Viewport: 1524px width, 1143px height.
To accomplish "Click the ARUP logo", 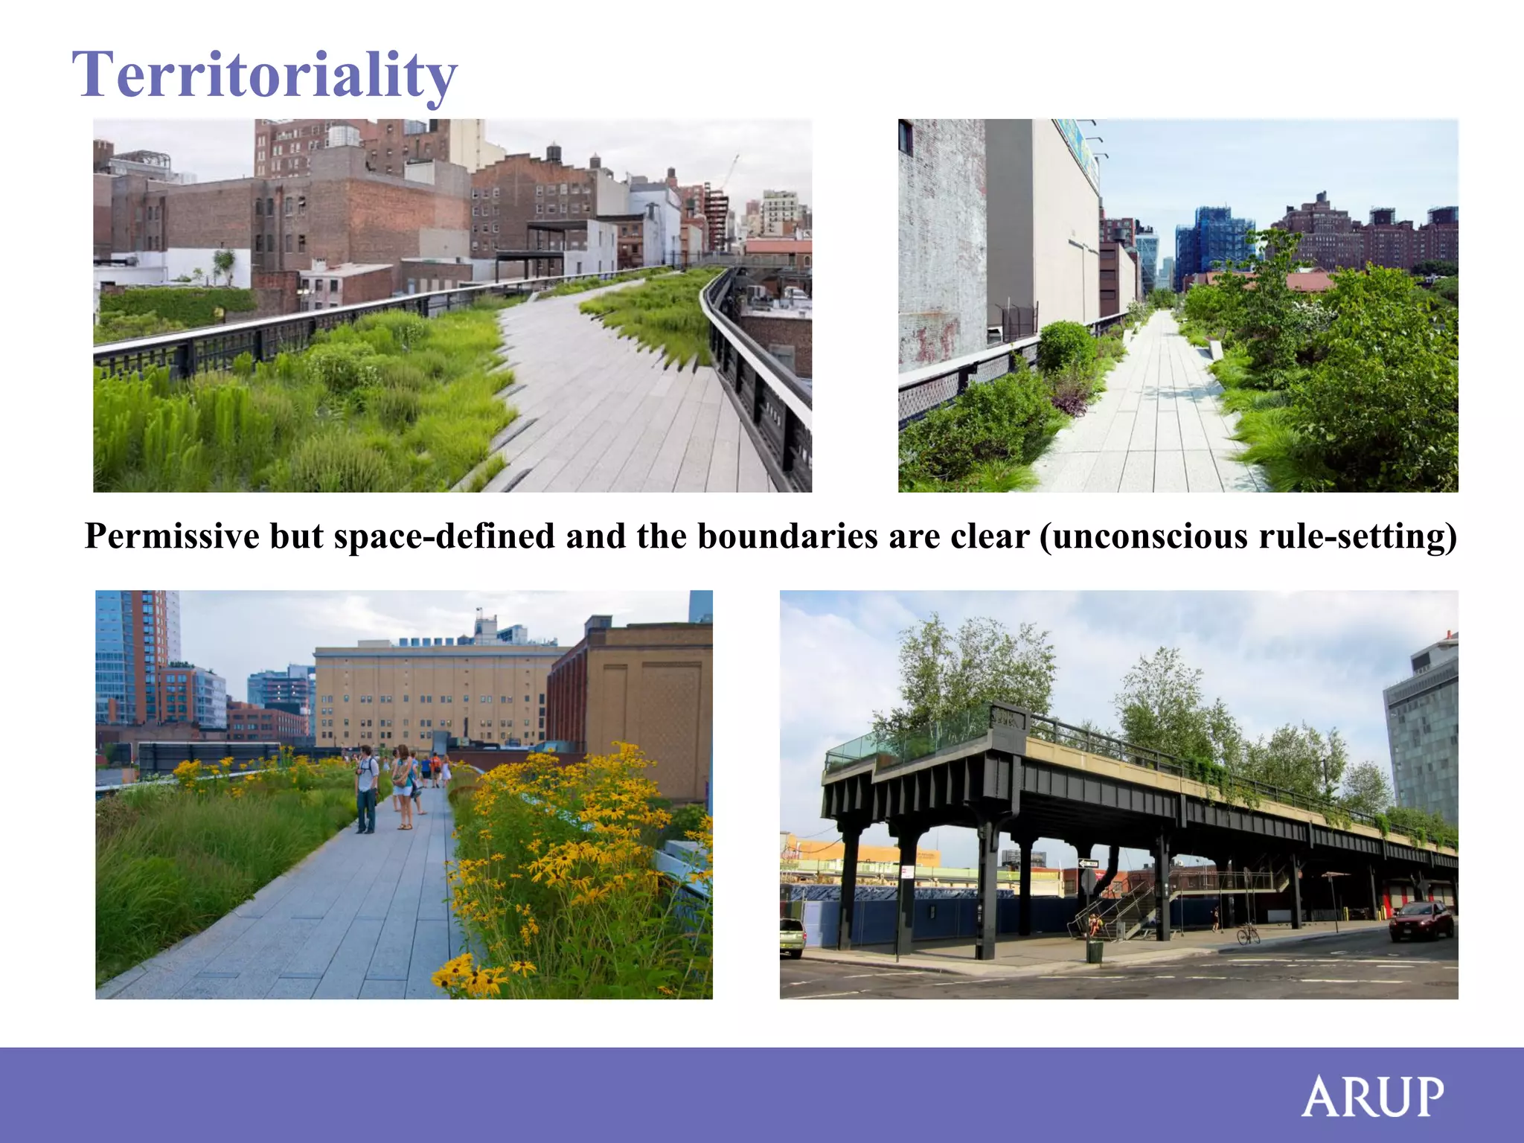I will point(1372,1096).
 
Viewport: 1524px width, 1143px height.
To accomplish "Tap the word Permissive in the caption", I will point(173,536).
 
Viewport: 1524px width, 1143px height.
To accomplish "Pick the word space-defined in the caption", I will point(444,536).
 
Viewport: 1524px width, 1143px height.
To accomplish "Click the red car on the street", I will point(1421,921).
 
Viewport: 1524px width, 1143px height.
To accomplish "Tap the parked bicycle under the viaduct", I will point(1248,933).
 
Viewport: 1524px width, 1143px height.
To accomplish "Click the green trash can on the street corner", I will point(1094,951).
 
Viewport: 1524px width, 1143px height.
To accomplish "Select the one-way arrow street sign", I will point(1089,863).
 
